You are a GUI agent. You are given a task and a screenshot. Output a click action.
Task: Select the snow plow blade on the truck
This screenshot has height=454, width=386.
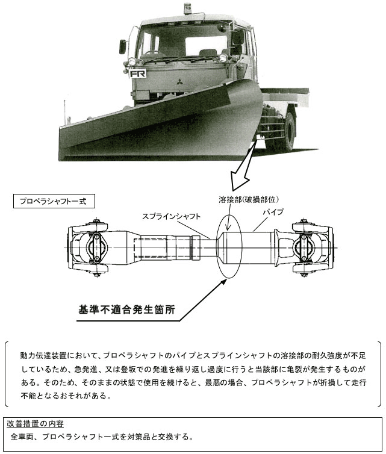click(x=163, y=123)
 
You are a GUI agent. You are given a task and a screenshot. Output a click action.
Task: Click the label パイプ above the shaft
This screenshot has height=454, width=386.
click(x=273, y=212)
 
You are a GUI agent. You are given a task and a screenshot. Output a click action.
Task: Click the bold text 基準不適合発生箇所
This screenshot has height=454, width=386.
click(x=126, y=309)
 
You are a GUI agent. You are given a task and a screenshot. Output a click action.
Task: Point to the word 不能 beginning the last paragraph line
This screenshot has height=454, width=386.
click(x=29, y=396)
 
